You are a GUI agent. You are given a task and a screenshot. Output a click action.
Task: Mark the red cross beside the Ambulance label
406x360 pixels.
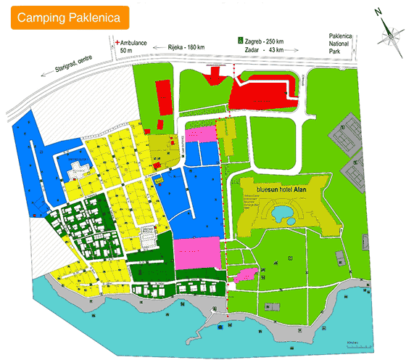[117, 43]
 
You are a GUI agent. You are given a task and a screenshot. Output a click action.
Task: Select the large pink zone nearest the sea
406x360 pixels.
[196, 252]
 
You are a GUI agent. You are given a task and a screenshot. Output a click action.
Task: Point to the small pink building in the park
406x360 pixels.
[245, 274]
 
